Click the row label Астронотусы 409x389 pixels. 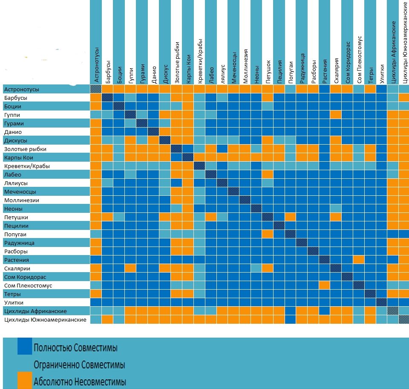pos(21,90)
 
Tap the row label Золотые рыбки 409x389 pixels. pos(25,149)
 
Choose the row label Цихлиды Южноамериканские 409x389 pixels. pos(45,319)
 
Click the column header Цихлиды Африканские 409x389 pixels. pos(394,52)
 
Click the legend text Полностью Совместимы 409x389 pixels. pos(75,348)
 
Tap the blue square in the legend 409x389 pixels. pos(25,347)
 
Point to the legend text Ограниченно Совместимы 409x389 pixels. pos(79,365)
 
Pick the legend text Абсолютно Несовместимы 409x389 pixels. pos(80,381)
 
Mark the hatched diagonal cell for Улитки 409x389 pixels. pos(381,302)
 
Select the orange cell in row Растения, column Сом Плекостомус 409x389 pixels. pos(358,260)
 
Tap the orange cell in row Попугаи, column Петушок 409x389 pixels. pos(267,234)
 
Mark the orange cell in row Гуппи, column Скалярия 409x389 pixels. pos(336,115)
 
